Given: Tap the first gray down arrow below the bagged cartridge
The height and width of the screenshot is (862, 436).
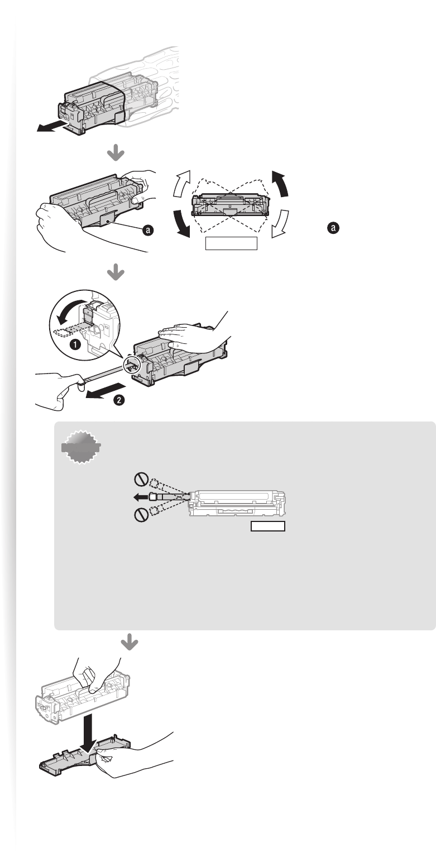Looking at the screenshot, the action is pos(116,154).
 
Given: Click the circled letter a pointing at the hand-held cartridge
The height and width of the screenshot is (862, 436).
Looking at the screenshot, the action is pos(148,230).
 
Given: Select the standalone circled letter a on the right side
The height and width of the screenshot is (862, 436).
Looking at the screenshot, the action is pos(333,227).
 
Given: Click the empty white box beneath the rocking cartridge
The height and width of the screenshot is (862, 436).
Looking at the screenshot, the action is pos(231,243).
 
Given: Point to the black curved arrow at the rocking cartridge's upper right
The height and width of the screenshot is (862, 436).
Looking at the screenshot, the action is pos(280,184).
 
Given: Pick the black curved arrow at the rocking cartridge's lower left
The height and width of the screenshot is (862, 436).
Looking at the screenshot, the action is pos(181,224).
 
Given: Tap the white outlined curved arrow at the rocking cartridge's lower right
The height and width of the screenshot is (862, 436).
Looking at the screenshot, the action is pos(280,224).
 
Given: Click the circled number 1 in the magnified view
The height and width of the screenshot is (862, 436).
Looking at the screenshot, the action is pos(75,344).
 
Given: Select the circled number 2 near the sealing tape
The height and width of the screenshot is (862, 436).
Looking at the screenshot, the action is pos(119,400).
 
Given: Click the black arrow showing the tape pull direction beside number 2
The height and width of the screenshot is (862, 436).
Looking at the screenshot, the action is pos(105,391).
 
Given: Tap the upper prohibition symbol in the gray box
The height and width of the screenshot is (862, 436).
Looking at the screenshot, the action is pos(141,480).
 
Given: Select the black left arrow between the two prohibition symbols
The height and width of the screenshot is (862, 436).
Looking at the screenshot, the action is pos(141,497).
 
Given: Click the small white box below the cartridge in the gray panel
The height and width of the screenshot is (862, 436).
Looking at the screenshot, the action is pos(268,526).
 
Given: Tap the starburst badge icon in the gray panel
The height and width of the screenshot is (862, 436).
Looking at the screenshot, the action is pos(81,446).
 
